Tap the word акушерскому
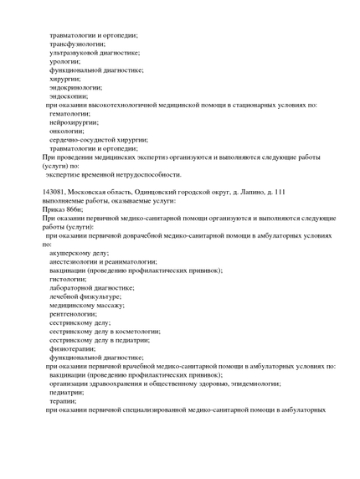click(x=72, y=252)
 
